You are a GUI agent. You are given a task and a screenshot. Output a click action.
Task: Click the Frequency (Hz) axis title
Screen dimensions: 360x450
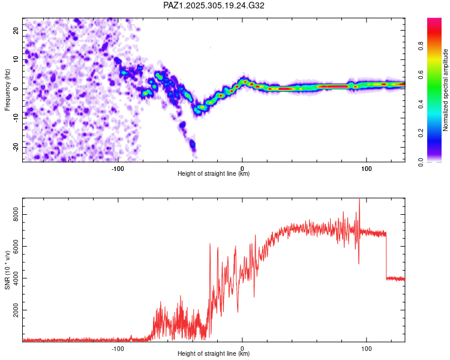pyautogui.click(x=7, y=89)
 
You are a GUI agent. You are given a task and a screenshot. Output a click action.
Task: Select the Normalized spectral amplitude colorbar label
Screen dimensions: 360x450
pyautogui.click(x=445, y=90)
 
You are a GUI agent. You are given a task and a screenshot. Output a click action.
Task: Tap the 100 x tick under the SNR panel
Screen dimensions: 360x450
pyautogui.click(x=367, y=348)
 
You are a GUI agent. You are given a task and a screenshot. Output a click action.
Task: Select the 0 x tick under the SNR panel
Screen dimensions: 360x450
pyautogui.click(x=242, y=348)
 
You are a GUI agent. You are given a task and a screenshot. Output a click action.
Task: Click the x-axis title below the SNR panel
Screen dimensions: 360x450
pyautogui.click(x=214, y=354)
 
